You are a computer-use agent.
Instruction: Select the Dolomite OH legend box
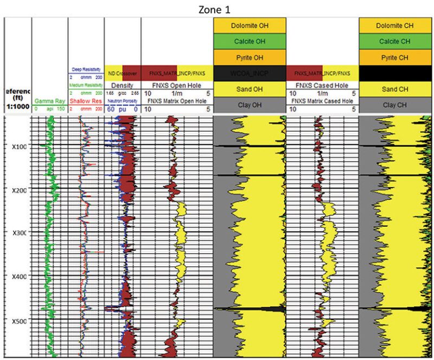tap(248, 25)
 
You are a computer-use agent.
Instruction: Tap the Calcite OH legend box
tap(248, 41)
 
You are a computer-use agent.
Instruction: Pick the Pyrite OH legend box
tap(248, 57)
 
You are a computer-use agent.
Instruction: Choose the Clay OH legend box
tap(248, 104)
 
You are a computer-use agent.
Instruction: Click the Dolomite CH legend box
tap(395, 25)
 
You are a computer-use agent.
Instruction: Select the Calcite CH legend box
tap(395, 41)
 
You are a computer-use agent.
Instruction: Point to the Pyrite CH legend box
tap(395, 57)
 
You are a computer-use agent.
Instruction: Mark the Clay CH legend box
tap(395, 104)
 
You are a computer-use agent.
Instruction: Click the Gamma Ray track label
tap(49, 101)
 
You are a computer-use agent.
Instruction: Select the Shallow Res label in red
tap(86, 101)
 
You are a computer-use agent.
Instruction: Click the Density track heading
tap(122, 86)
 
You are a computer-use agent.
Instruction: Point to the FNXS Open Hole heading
tap(176, 86)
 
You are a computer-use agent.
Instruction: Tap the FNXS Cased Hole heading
tap(322, 86)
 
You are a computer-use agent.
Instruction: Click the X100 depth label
tap(18, 147)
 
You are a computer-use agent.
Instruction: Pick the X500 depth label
tap(18, 321)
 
